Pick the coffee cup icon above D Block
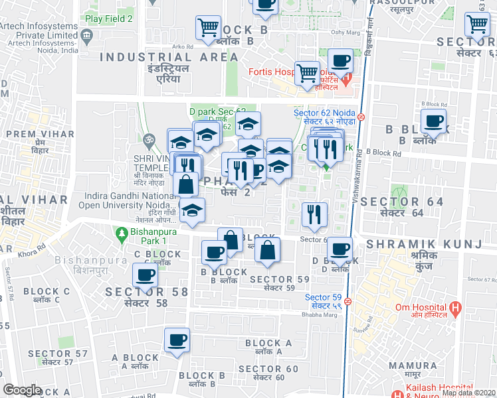pyautogui.click(x=340, y=249)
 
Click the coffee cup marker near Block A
pyautogui.click(x=177, y=340)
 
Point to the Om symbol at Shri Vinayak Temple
pyautogui.click(x=148, y=141)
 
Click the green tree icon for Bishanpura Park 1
pyautogui.click(x=121, y=233)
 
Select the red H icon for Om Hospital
pyautogui.click(x=455, y=308)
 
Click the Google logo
pyautogui.click(x=22, y=390)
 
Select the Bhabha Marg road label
pyautogui.click(x=322, y=314)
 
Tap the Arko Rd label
pyautogui.click(x=182, y=46)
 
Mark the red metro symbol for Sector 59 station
pyautogui.click(x=348, y=301)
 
